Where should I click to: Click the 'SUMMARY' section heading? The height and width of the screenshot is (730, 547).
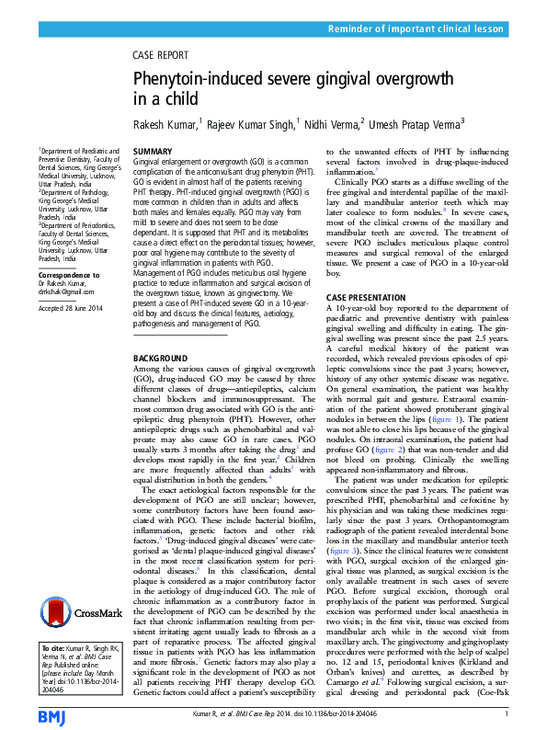[152, 151]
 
